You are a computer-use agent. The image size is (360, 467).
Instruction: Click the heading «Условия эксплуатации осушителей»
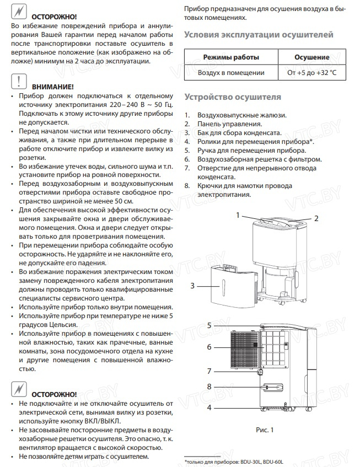(259, 35)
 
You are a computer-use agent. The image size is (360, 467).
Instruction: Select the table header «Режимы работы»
(231, 57)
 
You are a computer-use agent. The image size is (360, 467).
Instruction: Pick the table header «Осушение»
(312, 57)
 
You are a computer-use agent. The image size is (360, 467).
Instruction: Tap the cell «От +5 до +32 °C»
(312, 72)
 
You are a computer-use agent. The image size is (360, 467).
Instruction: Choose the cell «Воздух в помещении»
(231, 72)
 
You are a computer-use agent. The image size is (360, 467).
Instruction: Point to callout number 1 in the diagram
(239, 214)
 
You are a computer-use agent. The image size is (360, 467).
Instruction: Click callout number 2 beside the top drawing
(316, 218)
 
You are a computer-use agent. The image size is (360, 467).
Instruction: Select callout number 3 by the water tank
(192, 286)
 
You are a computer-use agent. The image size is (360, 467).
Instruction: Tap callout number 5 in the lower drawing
(209, 326)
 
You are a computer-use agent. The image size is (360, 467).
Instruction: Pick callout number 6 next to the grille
(209, 347)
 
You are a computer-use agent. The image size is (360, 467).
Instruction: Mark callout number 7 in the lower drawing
(209, 371)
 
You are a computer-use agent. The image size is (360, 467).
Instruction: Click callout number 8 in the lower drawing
(209, 387)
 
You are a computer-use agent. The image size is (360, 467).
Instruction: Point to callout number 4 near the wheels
(209, 408)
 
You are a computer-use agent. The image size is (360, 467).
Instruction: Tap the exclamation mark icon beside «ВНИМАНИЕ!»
(18, 82)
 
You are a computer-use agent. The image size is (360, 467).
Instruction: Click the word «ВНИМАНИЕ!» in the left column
(53, 87)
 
